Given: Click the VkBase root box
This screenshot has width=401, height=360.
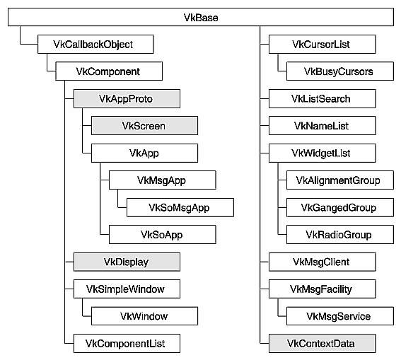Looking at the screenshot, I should [200, 17].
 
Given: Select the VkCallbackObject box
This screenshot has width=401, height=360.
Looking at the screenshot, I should [93, 45].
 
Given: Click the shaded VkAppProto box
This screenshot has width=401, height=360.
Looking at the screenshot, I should [126, 98].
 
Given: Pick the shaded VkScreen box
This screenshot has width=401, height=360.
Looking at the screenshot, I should [144, 126].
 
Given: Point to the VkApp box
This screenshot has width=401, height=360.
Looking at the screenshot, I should [144, 153].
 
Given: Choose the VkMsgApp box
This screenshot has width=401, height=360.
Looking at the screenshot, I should [162, 180].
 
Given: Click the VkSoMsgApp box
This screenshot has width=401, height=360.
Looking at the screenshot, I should [180, 207].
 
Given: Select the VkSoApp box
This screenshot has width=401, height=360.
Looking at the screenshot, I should [162, 234].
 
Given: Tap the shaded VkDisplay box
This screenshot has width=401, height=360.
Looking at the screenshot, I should [126, 262].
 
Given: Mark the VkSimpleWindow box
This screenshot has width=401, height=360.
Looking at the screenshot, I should [126, 289].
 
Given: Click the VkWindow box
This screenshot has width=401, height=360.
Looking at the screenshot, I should [144, 315].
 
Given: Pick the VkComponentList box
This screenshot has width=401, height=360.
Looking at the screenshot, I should [126, 344].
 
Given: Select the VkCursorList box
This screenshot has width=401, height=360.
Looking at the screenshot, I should [320, 45].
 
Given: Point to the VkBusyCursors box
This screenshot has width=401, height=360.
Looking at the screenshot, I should [338, 71].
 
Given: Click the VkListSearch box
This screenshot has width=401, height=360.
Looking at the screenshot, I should [320, 98].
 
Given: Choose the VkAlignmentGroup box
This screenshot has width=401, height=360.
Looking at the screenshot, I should [338, 180].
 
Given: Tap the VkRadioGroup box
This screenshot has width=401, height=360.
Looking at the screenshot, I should [338, 234].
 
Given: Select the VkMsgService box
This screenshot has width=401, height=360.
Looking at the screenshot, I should [338, 315].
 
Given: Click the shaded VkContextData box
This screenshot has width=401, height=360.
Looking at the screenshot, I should [320, 344].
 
